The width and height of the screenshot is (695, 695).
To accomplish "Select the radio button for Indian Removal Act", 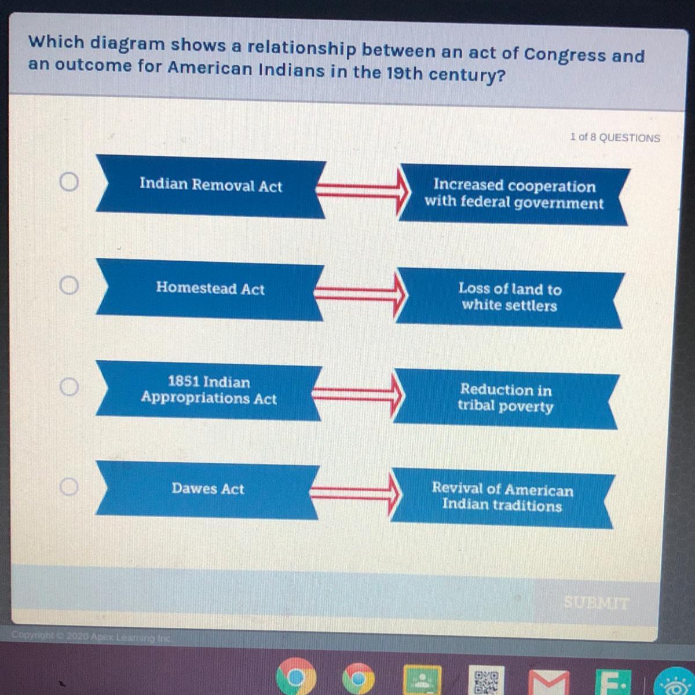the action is [x=69, y=181].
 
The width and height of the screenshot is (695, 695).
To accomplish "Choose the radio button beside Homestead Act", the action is [x=69, y=286].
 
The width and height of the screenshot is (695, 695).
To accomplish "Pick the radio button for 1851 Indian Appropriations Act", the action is [x=69, y=387].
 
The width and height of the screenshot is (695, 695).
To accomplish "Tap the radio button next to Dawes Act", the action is [x=68, y=487].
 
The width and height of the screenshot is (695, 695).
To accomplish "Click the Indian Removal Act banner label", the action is [x=211, y=185].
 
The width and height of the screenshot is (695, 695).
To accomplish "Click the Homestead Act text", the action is [x=210, y=288].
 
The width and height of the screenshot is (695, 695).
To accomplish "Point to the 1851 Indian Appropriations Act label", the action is [x=209, y=390].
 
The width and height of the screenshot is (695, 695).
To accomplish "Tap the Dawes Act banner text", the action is [x=208, y=489].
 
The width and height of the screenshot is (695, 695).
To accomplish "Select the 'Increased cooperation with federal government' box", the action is [x=514, y=195].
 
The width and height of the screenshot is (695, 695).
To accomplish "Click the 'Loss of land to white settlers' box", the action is [x=510, y=297].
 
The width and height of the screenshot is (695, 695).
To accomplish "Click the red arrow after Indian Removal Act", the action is [x=363, y=191].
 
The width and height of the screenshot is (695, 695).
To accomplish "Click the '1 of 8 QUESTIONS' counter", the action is [x=615, y=137].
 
